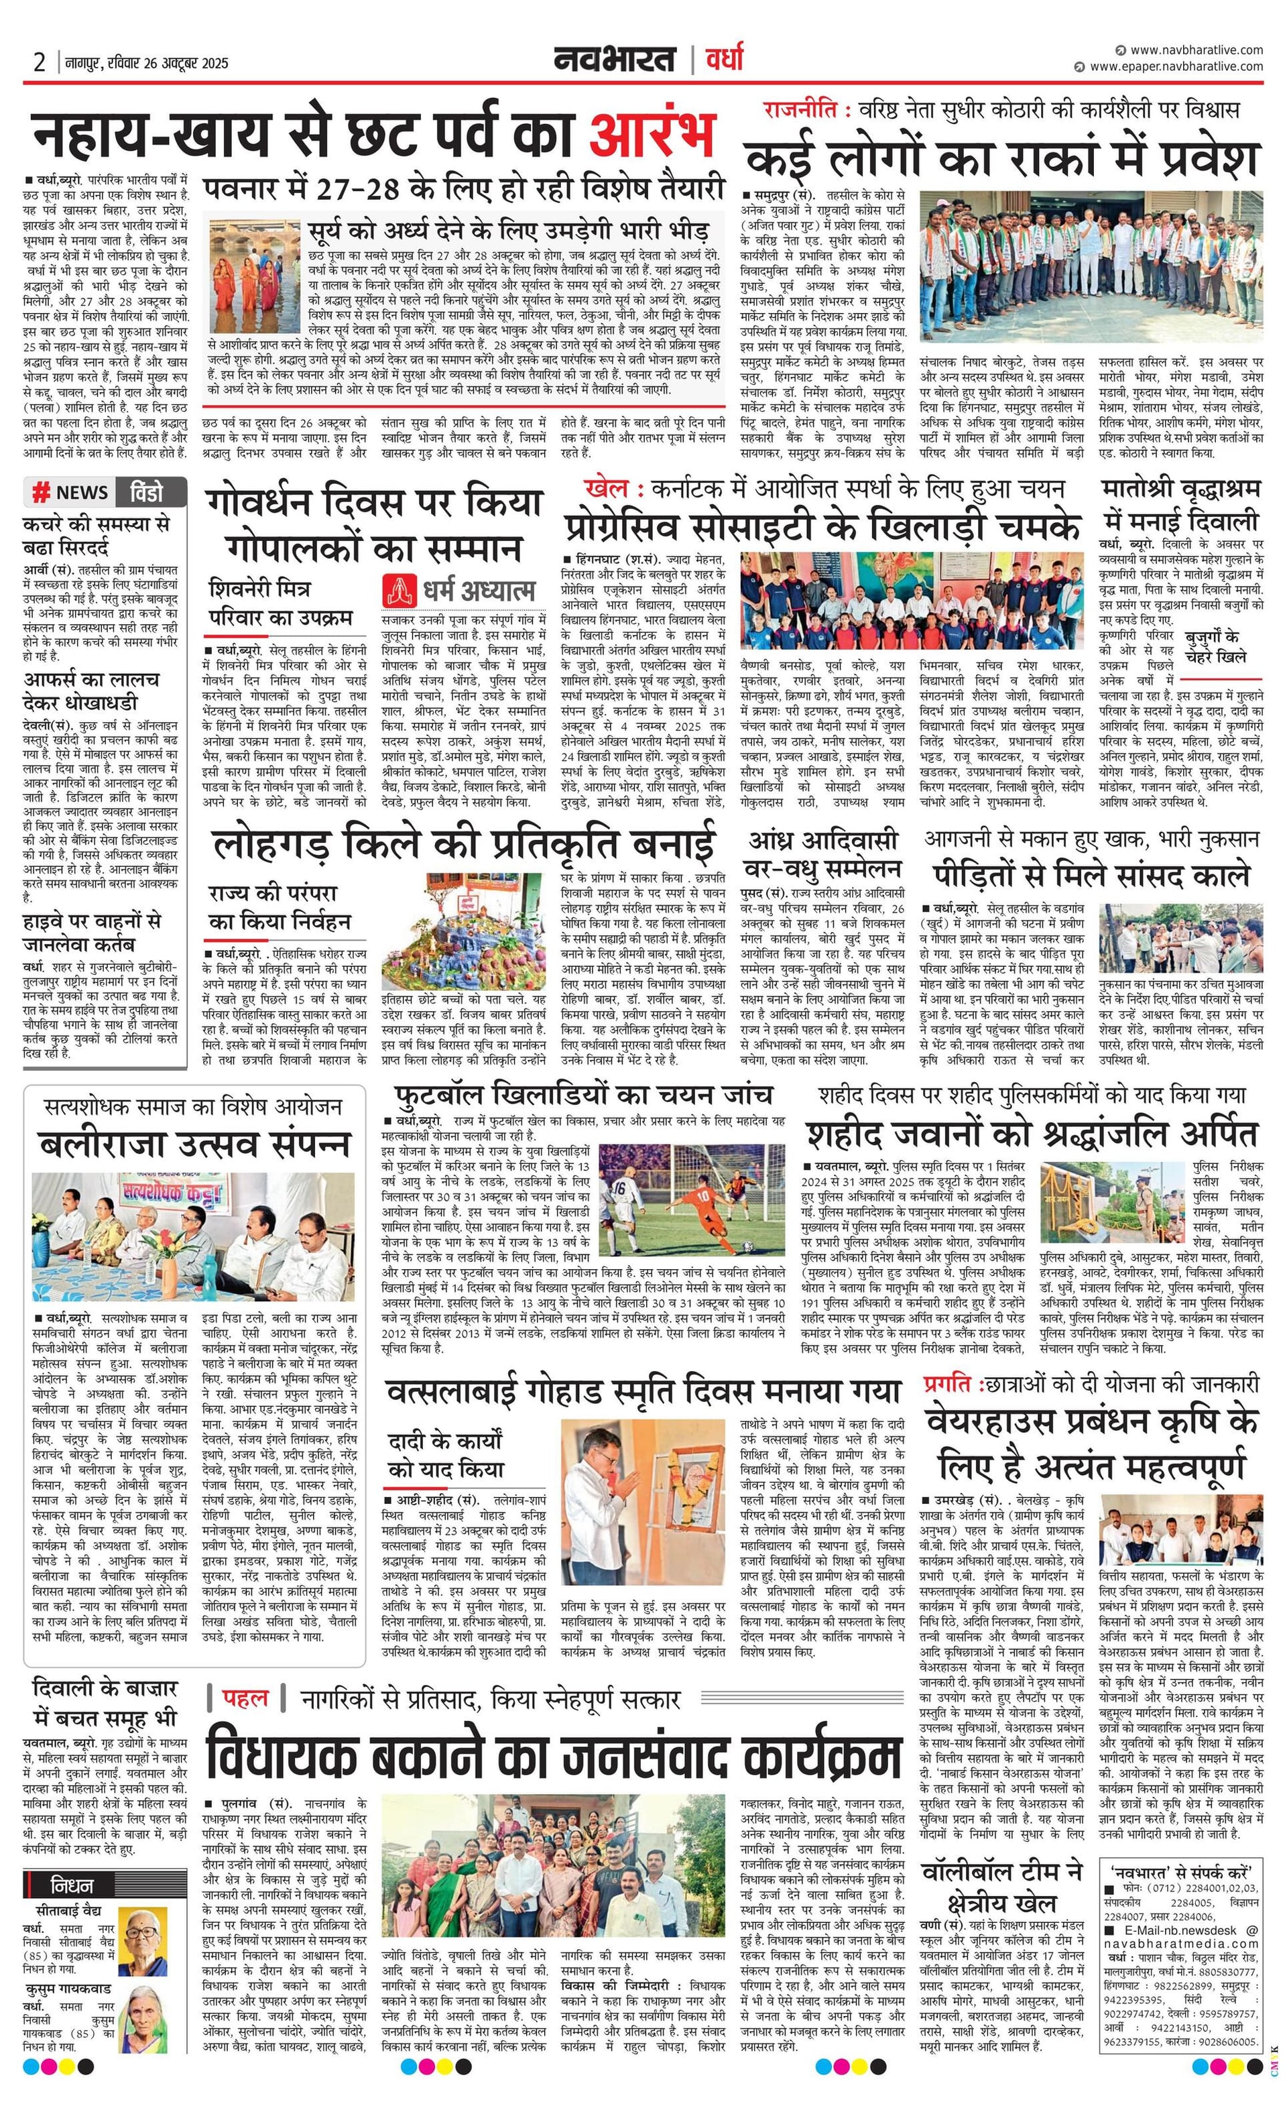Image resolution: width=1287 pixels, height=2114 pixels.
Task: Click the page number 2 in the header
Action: [40, 62]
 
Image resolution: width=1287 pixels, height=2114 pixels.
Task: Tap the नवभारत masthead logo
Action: [614, 60]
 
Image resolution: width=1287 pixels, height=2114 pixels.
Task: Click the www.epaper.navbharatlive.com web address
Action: [1176, 66]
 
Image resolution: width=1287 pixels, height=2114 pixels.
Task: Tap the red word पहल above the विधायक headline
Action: [245, 1697]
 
